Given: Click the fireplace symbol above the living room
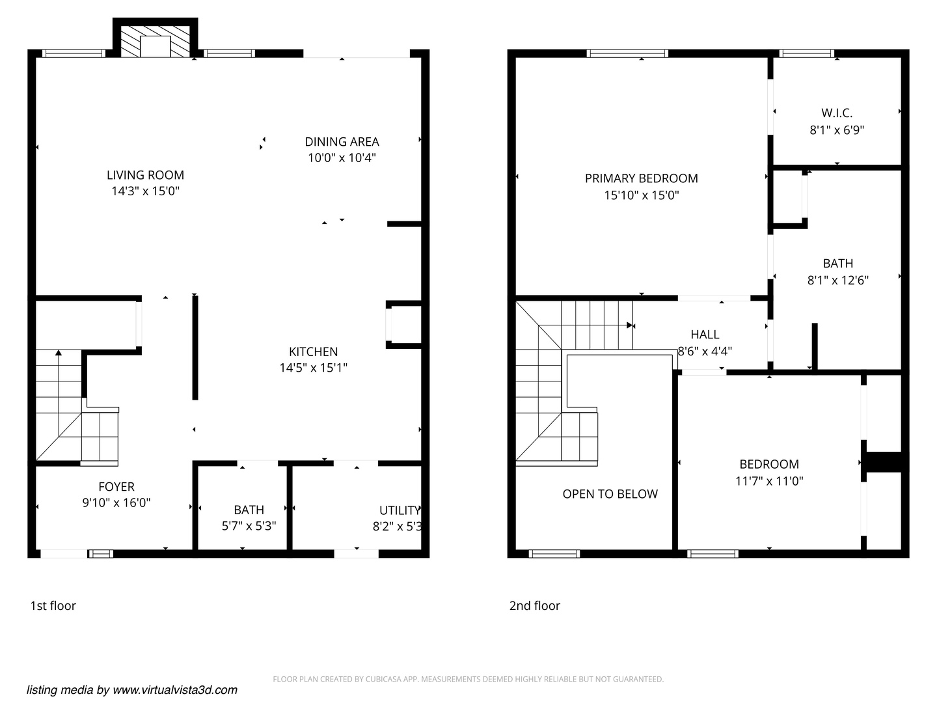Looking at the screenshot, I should pos(156,42).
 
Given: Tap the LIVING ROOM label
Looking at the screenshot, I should pos(145,175).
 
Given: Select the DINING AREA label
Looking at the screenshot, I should pos(342,142).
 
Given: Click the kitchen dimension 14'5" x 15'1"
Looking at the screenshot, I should pos(313,368).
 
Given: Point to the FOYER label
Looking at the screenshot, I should pos(116,487).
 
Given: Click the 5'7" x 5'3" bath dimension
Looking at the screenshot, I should pos(249,526).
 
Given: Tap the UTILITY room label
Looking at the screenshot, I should pos(400,510).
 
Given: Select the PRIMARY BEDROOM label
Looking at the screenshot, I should pos(641,178).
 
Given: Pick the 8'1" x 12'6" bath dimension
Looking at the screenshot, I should pos(837,281).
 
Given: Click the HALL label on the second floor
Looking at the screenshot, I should pos(705,335).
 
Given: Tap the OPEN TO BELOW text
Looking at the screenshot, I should pos(610,494).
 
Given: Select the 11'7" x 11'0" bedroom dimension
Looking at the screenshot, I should pos(769,481).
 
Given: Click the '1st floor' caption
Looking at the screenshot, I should pos(53,606).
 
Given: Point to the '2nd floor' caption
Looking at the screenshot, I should pos(534,606).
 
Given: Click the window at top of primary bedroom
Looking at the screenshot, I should pos(627,53).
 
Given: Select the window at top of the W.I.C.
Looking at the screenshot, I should pos(807,53).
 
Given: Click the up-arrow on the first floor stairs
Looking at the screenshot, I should pos(59,353).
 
